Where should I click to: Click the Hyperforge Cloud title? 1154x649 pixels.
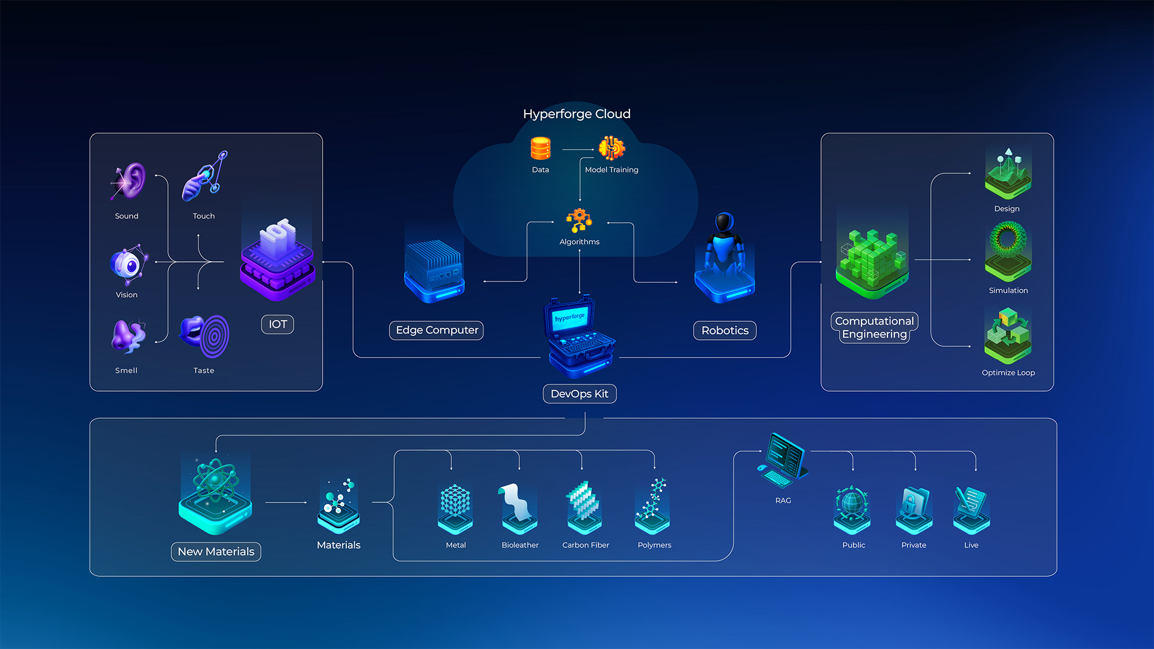576,114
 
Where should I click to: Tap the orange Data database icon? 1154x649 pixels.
541,148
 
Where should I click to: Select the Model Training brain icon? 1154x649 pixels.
612,148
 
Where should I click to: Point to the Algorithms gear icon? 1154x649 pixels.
579,220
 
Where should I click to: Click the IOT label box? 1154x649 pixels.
278,324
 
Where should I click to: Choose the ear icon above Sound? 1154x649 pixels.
129,181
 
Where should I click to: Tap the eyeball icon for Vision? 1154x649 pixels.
128,264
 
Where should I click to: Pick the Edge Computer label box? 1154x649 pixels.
437,330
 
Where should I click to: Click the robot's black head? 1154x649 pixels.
724,222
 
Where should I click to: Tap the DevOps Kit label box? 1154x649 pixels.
579,393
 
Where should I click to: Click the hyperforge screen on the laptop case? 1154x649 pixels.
569,317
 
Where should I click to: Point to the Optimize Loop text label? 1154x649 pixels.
1008,373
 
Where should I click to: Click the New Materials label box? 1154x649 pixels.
216,552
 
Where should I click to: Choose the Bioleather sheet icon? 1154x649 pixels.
519,502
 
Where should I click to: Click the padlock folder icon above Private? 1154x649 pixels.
913,504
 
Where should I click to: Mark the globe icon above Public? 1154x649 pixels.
852,502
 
